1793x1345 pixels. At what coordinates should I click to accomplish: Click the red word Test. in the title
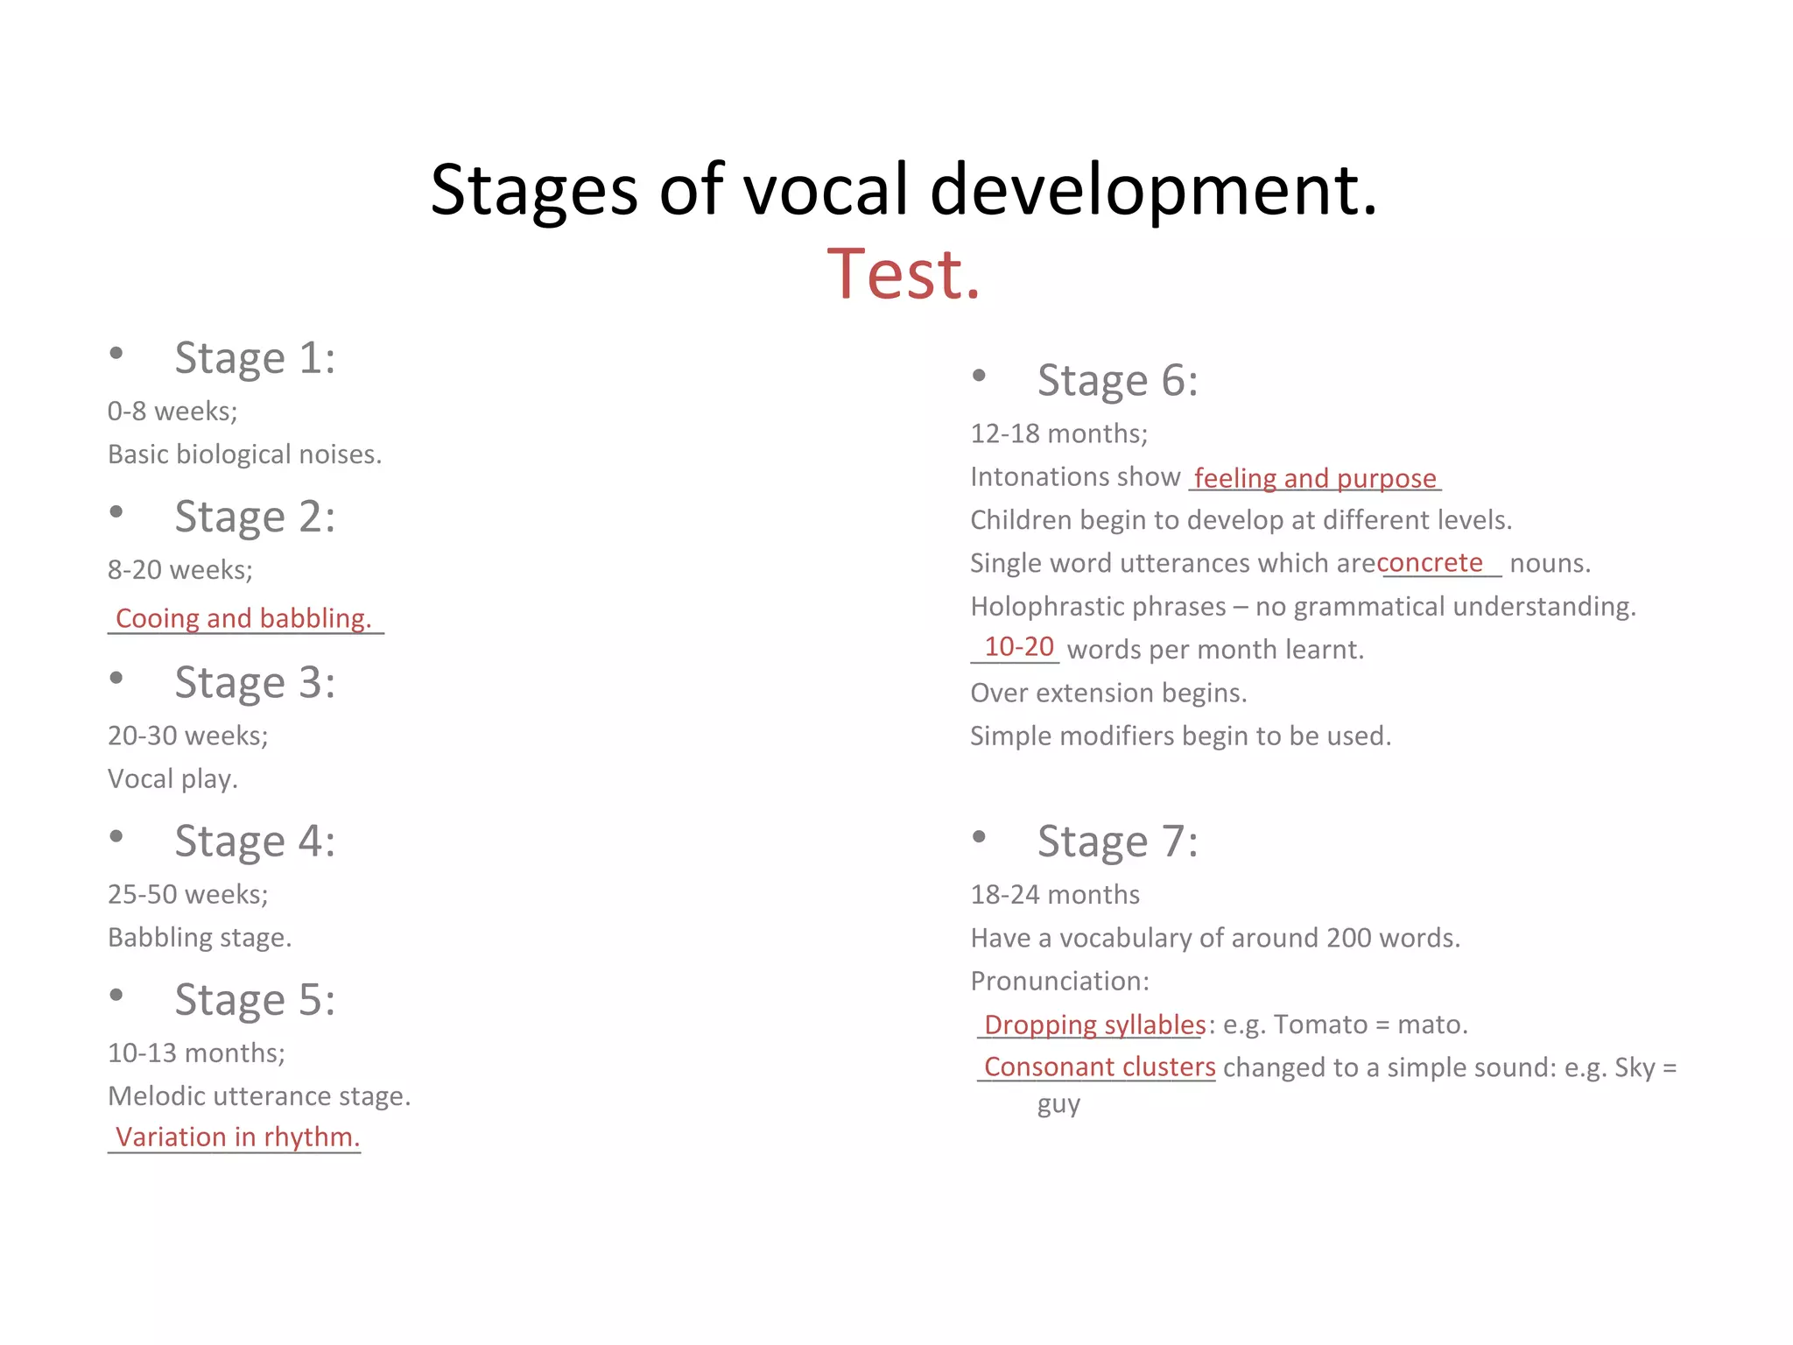coord(904,274)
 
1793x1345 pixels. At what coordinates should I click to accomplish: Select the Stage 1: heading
coord(255,358)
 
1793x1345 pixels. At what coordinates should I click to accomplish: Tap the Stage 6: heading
coord(1117,381)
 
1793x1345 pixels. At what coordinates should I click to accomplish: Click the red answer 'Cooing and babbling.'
coord(243,618)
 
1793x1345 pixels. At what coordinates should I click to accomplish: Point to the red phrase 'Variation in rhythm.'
coord(237,1137)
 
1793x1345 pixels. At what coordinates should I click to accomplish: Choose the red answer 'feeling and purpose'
coord(1315,478)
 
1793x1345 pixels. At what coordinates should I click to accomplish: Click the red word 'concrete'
coord(1430,562)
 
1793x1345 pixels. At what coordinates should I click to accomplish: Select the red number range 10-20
coord(1019,647)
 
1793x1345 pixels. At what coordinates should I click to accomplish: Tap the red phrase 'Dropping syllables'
coord(1094,1025)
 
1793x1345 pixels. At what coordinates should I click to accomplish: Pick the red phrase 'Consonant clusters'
coord(1100,1067)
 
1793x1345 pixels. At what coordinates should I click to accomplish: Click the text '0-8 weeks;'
coord(172,412)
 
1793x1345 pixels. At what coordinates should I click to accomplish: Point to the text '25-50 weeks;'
coord(188,894)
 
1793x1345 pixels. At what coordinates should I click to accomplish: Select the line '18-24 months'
coord(1055,895)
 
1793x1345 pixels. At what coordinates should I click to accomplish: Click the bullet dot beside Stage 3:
coord(116,678)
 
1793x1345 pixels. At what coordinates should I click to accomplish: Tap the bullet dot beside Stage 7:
coord(979,836)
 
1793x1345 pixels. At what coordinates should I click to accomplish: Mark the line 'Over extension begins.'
coord(1108,693)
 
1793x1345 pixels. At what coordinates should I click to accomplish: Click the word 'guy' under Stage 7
coord(1058,1105)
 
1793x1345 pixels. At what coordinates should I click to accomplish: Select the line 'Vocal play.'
coord(172,778)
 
